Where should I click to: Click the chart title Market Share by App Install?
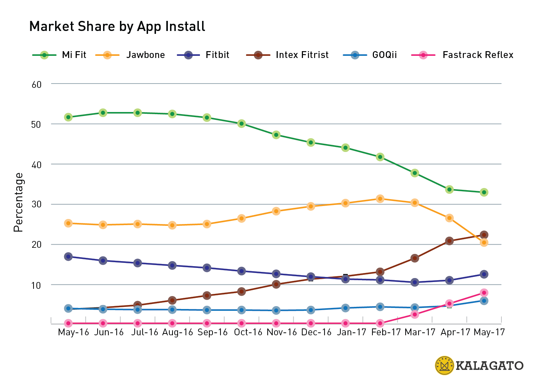[117, 27]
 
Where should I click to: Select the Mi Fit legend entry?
[60, 55]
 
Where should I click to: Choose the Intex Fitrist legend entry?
[287, 55]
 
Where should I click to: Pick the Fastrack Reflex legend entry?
[463, 55]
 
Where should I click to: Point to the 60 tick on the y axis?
[37, 85]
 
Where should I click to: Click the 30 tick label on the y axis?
[37, 205]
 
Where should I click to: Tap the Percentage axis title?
[18, 202]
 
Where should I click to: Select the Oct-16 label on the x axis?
[248, 332]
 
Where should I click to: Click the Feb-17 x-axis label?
[386, 332]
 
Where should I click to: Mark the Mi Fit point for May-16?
[68, 117]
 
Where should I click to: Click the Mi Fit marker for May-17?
[484, 192]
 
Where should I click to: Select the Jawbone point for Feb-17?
[380, 199]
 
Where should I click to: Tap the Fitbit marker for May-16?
[68, 257]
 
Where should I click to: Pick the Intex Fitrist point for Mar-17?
[415, 258]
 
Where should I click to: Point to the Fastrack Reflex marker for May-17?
[484, 293]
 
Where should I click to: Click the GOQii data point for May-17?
[484, 301]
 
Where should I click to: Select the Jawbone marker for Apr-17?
[449, 218]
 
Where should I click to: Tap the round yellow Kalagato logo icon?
[445, 366]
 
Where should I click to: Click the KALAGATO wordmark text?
[490, 366]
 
